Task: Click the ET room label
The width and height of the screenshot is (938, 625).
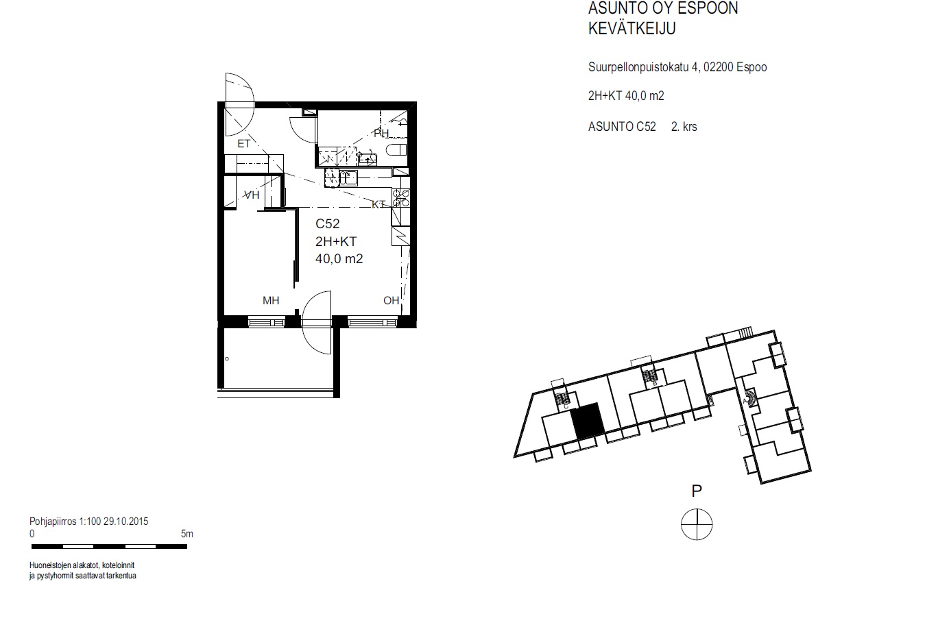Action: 243,144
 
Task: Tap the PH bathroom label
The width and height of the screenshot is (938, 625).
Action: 381,133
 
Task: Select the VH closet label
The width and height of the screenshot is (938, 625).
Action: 252,195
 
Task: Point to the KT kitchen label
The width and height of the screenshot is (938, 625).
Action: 378,204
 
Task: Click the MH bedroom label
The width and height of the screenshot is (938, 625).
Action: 271,300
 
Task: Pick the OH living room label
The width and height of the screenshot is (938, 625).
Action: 391,300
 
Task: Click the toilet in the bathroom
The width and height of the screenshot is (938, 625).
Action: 396,149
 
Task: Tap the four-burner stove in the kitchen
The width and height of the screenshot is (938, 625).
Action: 400,198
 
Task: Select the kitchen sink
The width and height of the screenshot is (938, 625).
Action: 348,178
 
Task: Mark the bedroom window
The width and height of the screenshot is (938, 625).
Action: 266,322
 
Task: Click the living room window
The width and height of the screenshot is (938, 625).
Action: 372,322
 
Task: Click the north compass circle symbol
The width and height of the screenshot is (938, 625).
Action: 697,524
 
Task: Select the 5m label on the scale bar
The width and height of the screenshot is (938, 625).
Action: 187,534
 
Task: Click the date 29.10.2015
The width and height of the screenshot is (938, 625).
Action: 125,522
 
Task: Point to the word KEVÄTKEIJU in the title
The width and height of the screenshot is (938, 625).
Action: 632,29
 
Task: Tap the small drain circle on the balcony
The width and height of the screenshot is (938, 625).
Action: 227,358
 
